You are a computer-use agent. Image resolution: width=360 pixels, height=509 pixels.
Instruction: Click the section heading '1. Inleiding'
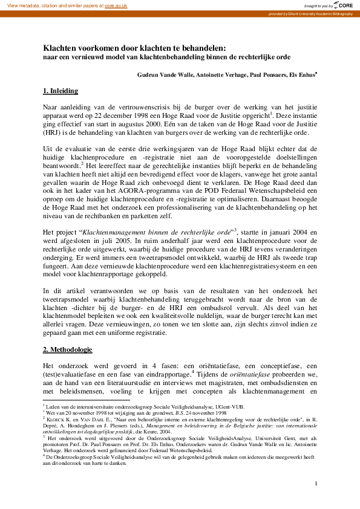[60, 91]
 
